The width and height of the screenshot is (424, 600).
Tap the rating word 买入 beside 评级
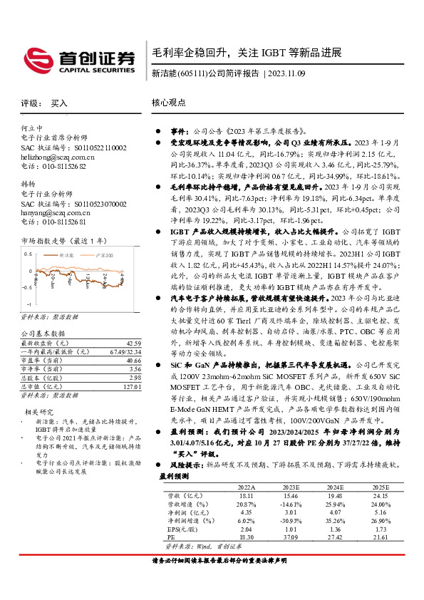tap(59, 103)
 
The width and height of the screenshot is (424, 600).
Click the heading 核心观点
tap(167, 103)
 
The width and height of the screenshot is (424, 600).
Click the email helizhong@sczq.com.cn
tap(58, 156)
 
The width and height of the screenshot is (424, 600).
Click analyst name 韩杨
tap(29, 184)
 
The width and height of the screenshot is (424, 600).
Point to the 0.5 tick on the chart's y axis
tap(26, 254)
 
